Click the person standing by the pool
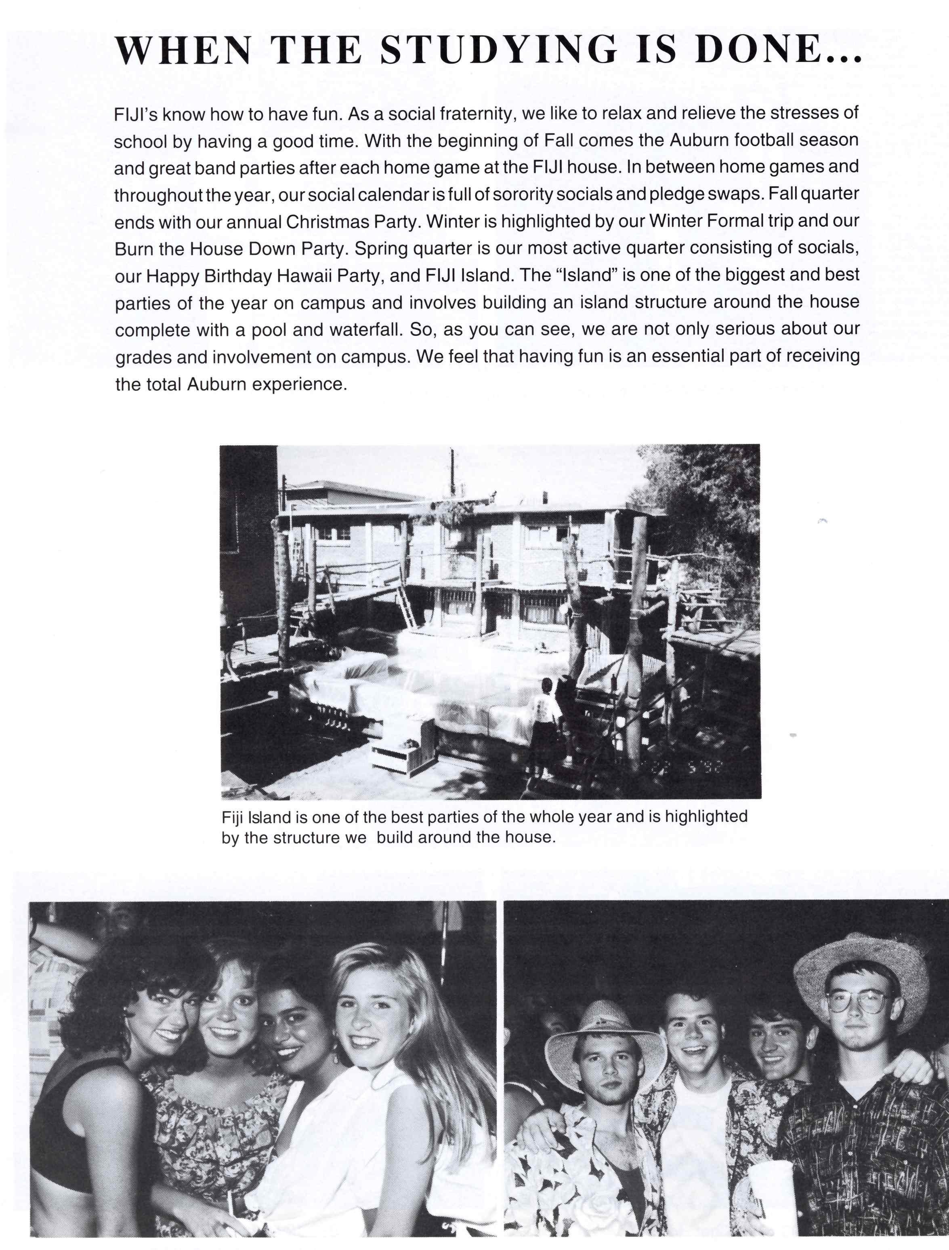pos(545,721)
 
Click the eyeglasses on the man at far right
pos(857,1001)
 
